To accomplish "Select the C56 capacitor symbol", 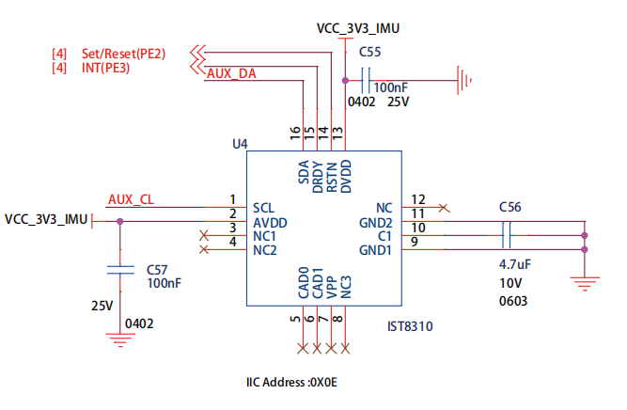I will tap(508, 236).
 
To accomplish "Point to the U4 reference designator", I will tap(239, 144).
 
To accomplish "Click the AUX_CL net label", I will tap(131, 199).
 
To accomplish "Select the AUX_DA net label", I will tap(231, 73).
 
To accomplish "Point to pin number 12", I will tap(418, 199).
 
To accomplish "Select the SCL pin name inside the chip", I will tap(264, 207).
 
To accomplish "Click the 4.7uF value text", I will tap(514, 264).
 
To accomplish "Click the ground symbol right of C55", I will tap(462, 80).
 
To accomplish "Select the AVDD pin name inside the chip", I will tap(271, 222).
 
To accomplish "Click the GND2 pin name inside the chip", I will tap(375, 222).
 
